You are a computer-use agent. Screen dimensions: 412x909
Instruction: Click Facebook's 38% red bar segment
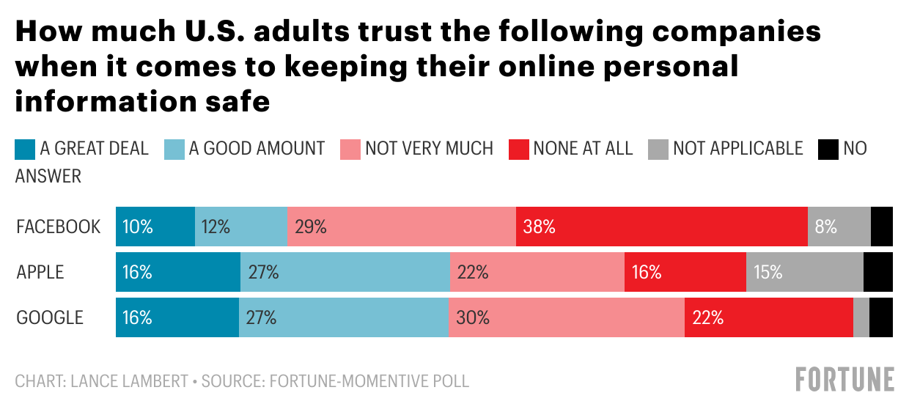[661, 227]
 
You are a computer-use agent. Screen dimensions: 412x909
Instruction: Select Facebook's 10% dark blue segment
[155, 227]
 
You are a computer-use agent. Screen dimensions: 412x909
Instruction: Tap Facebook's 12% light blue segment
[240, 227]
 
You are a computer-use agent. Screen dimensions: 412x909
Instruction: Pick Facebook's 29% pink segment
[401, 227]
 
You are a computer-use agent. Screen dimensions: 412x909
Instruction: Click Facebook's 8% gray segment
[839, 227]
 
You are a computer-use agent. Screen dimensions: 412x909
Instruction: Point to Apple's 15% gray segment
[804, 272]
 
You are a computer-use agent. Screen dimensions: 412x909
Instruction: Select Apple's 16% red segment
[685, 272]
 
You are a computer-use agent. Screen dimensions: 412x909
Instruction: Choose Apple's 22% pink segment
[537, 272]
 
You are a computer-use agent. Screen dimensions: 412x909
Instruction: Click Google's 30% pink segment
[566, 317]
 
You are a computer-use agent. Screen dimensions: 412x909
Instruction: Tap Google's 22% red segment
[768, 317]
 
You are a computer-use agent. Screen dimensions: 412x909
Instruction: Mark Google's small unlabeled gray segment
[861, 317]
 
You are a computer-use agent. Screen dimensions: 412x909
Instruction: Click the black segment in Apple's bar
[878, 272]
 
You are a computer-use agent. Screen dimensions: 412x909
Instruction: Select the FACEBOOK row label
[59, 227]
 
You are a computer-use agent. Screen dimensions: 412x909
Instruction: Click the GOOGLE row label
[50, 317]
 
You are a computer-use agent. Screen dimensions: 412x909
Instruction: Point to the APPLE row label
[40, 272]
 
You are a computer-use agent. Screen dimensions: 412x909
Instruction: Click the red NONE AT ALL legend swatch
[518, 149]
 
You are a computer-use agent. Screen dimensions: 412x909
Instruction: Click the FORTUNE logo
[844, 379]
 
